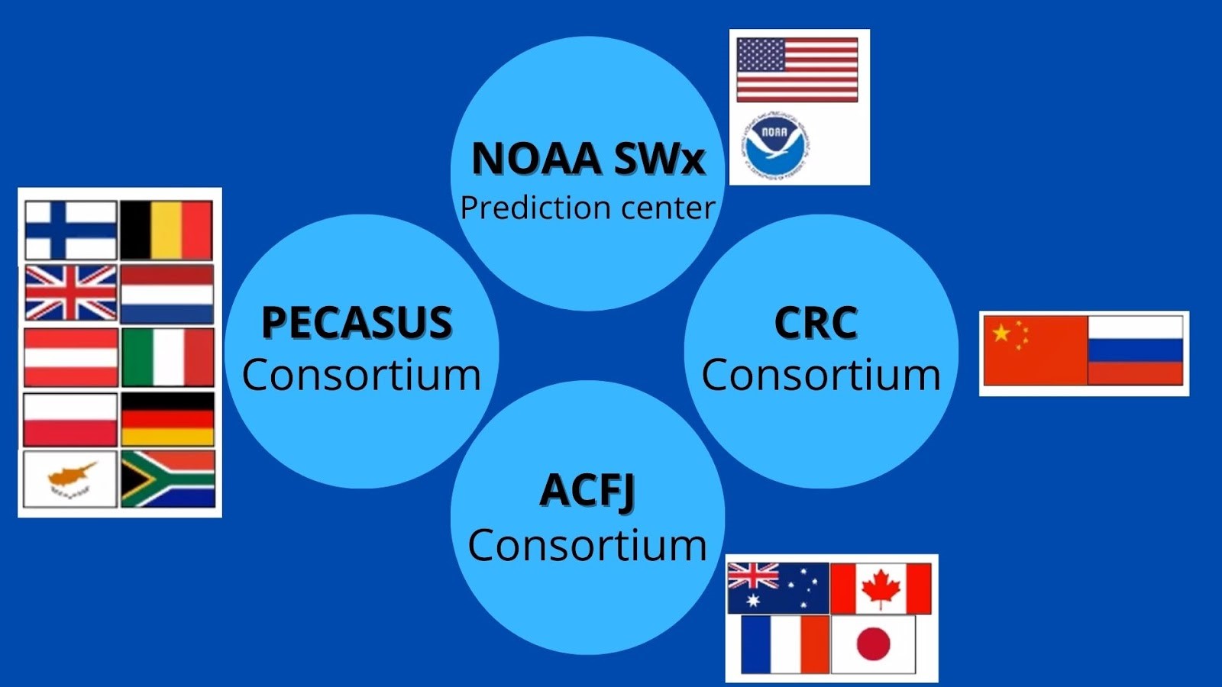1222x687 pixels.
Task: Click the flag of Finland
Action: coord(71,230)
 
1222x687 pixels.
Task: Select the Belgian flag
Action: coord(166,230)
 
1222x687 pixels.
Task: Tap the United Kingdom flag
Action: coord(71,293)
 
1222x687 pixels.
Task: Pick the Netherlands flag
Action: coord(167,295)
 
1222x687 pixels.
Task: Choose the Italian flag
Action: coord(167,357)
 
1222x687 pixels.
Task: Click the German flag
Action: coord(167,419)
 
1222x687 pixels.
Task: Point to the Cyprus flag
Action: coord(70,479)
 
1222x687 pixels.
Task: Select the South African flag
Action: coord(168,479)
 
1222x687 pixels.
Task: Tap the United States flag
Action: coord(797,69)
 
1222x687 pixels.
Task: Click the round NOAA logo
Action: coord(774,147)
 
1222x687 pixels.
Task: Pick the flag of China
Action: coord(1036,350)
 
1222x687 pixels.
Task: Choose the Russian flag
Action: coord(1135,350)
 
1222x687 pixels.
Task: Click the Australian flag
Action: coord(778,589)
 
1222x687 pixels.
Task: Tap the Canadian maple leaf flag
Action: coord(881,589)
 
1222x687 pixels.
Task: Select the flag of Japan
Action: coord(873,644)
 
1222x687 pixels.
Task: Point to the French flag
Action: coord(785,644)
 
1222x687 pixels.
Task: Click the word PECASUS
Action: coord(357,322)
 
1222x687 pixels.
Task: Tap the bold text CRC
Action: coord(816,322)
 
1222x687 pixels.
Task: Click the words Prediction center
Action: coord(587,208)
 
